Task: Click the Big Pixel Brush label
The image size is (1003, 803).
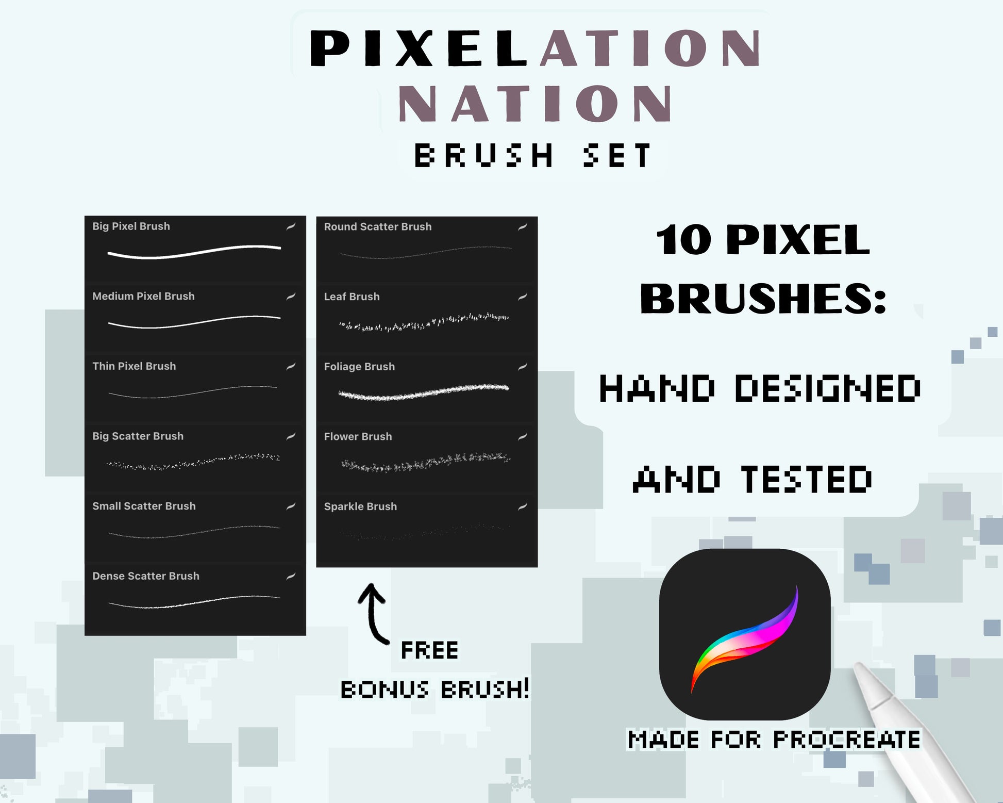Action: tap(131, 226)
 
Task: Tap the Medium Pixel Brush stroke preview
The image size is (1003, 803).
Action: tap(194, 322)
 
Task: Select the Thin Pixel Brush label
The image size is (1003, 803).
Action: tap(134, 366)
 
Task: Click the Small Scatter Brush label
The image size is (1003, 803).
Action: tap(144, 506)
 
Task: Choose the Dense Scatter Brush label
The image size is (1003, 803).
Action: tap(146, 576)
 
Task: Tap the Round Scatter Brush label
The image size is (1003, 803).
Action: tap(378, 226)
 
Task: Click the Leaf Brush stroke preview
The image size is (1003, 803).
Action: tap(424, 322)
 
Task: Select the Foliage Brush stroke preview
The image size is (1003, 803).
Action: tap(424, 392)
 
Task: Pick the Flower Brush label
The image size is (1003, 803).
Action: tap(358, 436)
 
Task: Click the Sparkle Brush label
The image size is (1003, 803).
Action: tap(360, 506)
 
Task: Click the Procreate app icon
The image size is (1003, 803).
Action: tap(745, 634)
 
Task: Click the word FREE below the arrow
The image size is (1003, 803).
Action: tap(429, 650)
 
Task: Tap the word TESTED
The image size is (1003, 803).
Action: tap(807, 479)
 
